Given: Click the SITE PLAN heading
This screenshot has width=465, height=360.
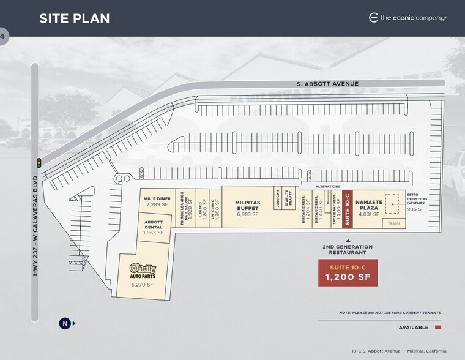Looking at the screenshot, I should coord(75,18).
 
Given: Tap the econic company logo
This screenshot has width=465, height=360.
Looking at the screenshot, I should coord(407,18).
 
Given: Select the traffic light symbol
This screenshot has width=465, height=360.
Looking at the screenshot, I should coord(39,163).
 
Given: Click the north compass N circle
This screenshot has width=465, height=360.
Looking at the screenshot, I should coord(64,323).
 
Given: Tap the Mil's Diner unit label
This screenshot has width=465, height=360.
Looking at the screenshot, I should coord(157,201).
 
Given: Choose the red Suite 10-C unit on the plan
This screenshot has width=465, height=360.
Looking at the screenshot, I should coord(348,208).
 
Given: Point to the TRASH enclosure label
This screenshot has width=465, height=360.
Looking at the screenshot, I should coord(393,224).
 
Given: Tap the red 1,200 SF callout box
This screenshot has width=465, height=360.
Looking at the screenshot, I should coord(348,272).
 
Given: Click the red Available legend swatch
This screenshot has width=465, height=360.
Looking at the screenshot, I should coord(437,328).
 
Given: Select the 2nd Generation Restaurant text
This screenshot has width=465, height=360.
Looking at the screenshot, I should coord(348,249).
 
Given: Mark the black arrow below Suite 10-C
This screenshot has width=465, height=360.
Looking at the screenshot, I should coord(348,239).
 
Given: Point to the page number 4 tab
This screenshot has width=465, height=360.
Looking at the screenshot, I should coord(3,37).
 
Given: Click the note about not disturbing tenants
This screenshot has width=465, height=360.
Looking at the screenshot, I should coord(390,313).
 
